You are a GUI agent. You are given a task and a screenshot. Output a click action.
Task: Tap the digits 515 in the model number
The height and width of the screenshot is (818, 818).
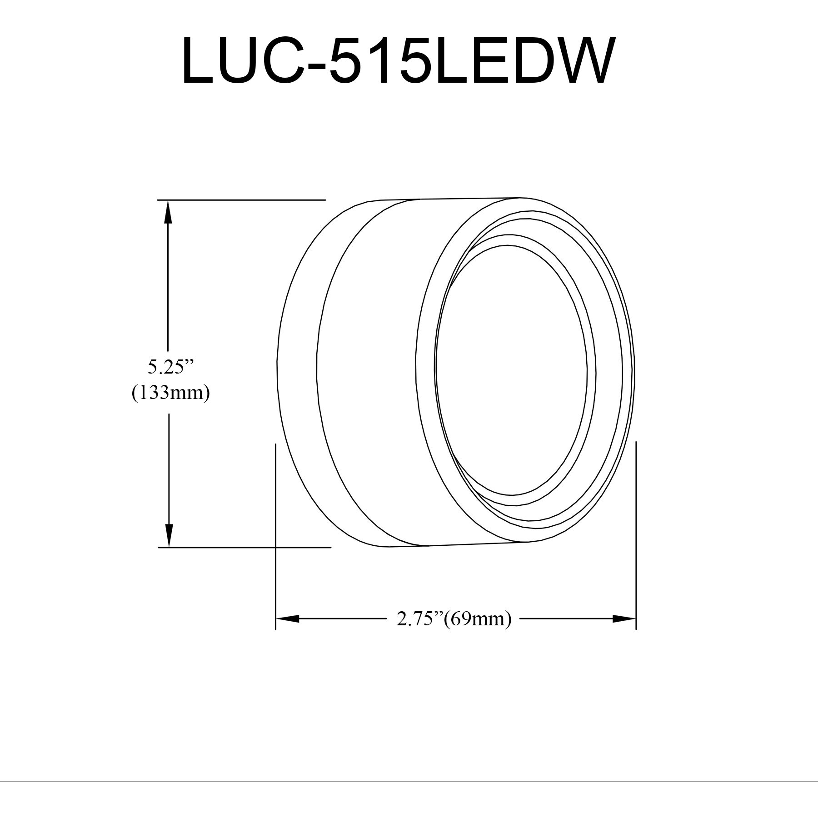click(x=379, y=61)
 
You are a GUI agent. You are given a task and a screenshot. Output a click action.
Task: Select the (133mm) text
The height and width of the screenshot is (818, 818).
click(x=170, y=393)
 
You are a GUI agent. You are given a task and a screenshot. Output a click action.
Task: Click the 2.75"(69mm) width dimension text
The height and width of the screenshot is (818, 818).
click(x=454, y=619)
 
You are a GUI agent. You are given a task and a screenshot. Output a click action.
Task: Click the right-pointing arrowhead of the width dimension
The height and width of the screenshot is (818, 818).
click(x=624, y=618)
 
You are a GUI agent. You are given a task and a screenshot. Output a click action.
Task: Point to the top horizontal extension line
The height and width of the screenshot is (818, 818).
click(x=241, y=200)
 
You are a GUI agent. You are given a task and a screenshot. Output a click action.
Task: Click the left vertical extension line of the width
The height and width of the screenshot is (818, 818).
click(x=276, y=536)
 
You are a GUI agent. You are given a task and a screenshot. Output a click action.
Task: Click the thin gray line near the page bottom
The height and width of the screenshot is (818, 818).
click(x=409, y=769)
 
